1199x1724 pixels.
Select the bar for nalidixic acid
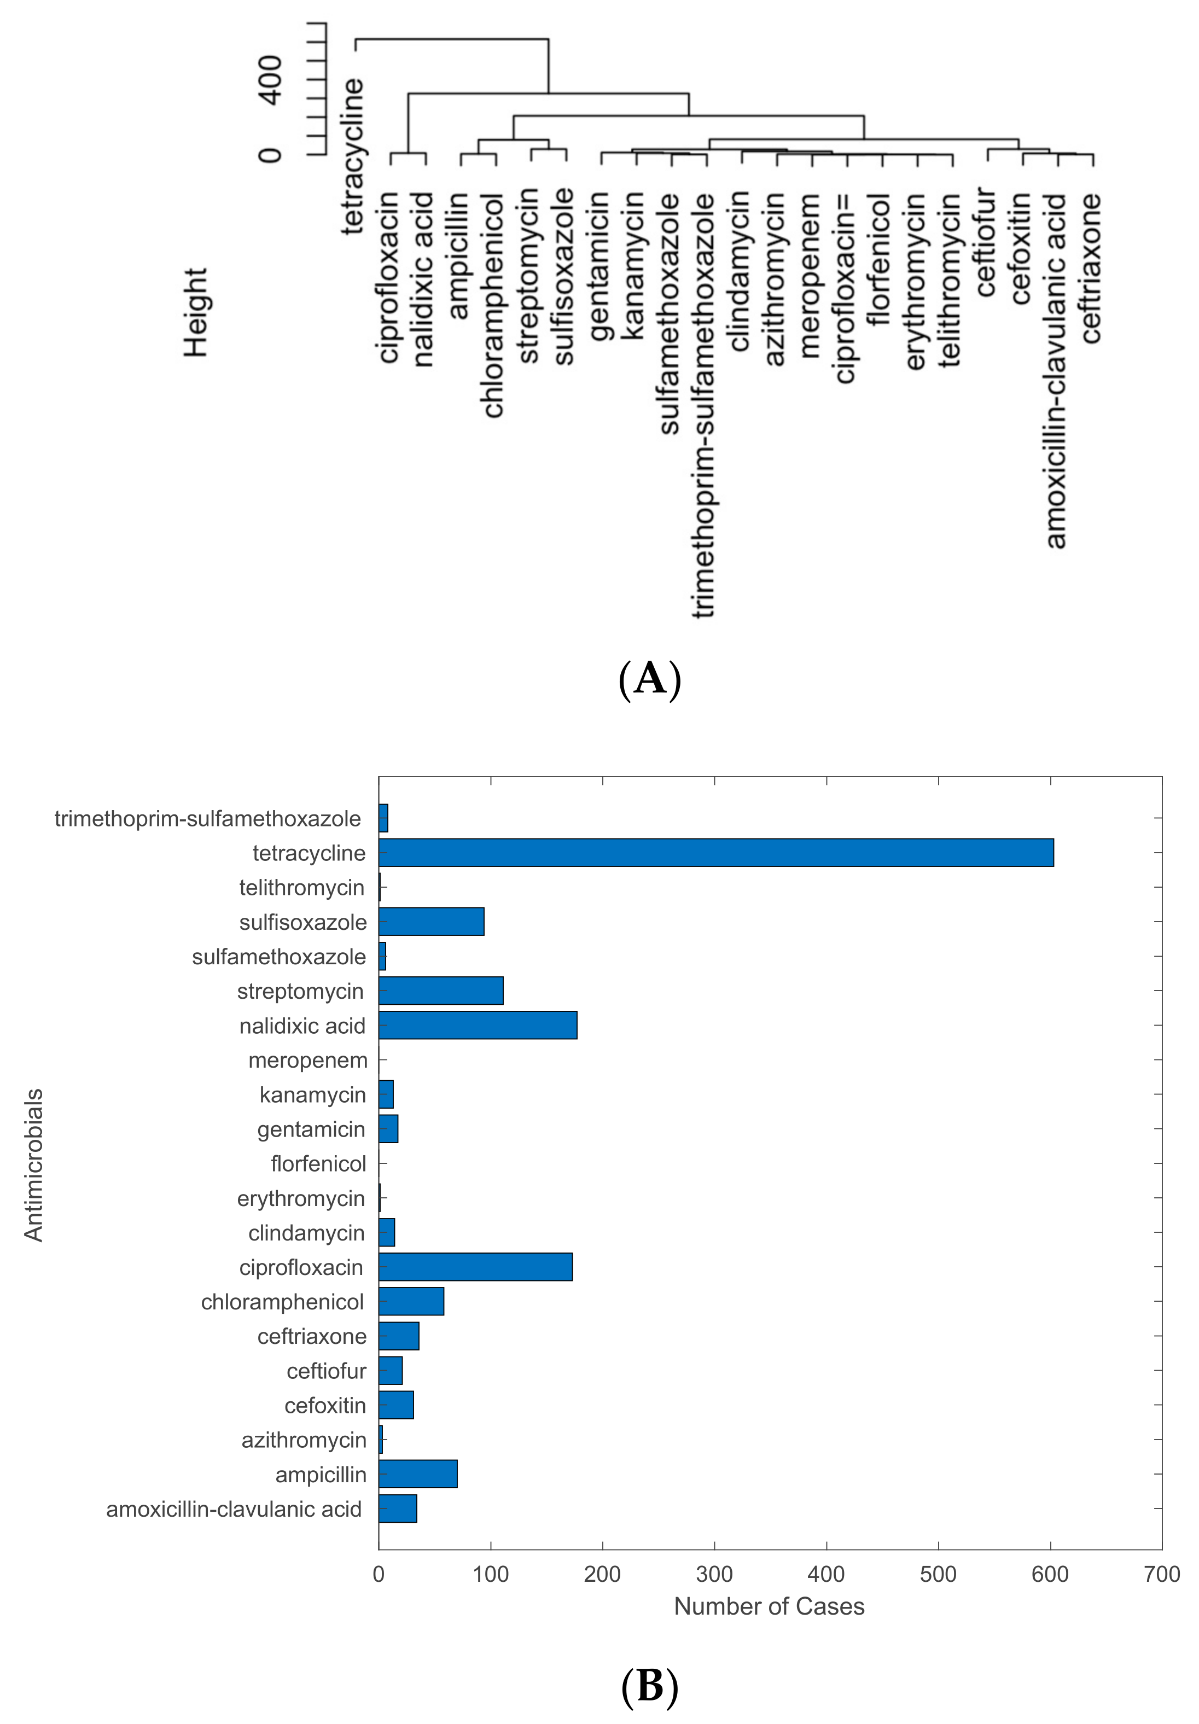click(478, 1025)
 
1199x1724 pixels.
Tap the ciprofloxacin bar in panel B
click(475, 1267)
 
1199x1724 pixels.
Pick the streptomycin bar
click(441, 991)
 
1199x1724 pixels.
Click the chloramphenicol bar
click(411, 1301)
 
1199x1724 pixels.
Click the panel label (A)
click(649, 679)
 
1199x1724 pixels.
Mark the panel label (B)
click(649, 1686)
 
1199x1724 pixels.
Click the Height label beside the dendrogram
click(196, 312)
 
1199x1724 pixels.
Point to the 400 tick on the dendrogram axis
click(270, 80)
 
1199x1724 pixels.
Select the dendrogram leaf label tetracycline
click(353, 156)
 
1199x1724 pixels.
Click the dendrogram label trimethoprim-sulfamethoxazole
click(703, 405)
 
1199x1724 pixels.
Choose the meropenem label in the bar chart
click(308, 1060)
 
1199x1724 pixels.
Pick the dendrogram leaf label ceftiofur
click(985, 242)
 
